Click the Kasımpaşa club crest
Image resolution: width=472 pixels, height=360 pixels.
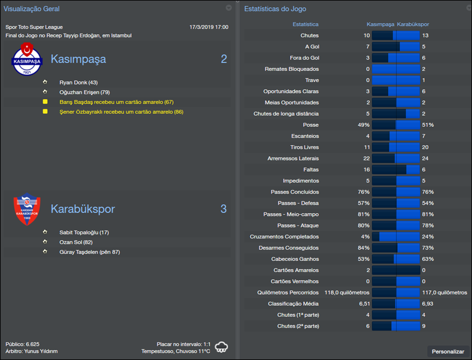click(27, 59)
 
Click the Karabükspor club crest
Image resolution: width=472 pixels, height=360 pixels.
click(27, 209)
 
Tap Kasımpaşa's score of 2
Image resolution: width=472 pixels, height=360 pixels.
click(224, 59)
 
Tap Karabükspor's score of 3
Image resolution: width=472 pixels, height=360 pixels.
click(224, 209)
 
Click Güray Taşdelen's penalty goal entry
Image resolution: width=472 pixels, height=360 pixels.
click(90, 252)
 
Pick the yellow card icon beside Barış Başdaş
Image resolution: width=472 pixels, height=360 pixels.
click(45, 102)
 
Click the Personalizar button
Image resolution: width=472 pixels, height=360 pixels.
click(448, 351)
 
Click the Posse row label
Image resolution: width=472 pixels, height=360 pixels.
click(310, 125)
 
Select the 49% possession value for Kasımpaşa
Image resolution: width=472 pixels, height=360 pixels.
click(363, 125)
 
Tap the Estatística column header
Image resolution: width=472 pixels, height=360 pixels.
click(306, 25)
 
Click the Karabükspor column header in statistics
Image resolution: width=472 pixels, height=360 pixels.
click(413, 25)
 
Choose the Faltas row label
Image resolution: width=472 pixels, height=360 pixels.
click(309, 169)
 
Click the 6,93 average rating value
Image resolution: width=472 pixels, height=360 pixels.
click(428, 303)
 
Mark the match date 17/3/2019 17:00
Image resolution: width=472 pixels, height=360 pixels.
click(209, 27)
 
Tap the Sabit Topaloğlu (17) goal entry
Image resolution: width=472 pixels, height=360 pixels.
click(80, 233)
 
